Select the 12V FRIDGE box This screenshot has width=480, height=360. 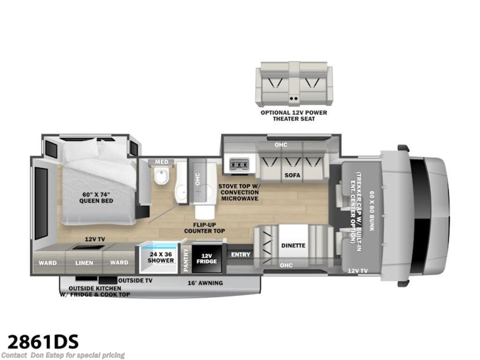tap(207, 258)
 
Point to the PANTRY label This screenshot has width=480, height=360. tap(186, 260)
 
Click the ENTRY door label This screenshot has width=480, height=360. tap(240, 255)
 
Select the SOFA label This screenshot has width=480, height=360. tap(292, 175)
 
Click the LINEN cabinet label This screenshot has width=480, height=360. tap(84, 262)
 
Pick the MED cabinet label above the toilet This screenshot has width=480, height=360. tap(162, 162)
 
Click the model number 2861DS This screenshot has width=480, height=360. tap(43, 341)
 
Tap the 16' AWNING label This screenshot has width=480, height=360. tap(205, 283)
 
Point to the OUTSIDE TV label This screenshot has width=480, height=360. tap(135, 280)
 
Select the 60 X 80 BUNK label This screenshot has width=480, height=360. tap(372, 210)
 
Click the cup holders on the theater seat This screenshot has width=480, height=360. tap(294, 98)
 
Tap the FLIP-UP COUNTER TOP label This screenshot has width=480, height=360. tap(204, 228)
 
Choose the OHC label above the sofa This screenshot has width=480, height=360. tap(281, 144)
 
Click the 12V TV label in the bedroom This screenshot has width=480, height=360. tap(95, 239)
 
